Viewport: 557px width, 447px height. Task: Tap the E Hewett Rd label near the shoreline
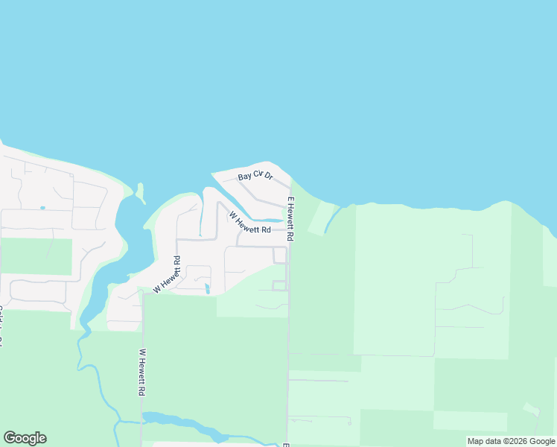pyautogui.click(x=291, y=219)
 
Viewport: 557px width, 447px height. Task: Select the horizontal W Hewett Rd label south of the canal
pyautogui.click(x=250, y=229)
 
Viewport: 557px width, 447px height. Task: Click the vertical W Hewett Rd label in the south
pyautogui.click(x=141, y=372)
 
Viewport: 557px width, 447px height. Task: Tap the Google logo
pyautogui.click(x=25, y=438)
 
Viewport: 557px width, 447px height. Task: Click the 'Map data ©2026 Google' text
pyautogui.click(x=511, y=441)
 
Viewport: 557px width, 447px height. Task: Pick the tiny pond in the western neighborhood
pyautogui.click(x=42, y=208)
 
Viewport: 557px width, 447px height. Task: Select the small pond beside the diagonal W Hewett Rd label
pyautogui.click(x=207, y=288)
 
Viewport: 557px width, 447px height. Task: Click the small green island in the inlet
pyautogui.click(x=139, y=193)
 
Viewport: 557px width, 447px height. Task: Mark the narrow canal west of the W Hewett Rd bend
pyautogui.click(x=201, y=218)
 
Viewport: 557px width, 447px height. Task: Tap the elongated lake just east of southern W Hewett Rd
pyautogui.click(x=186, y=424)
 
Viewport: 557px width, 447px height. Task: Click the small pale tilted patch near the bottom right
pyautogui.click(x=531, y=409)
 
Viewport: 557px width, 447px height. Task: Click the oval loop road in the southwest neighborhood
pyautogui.click(x=37, y=291)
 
